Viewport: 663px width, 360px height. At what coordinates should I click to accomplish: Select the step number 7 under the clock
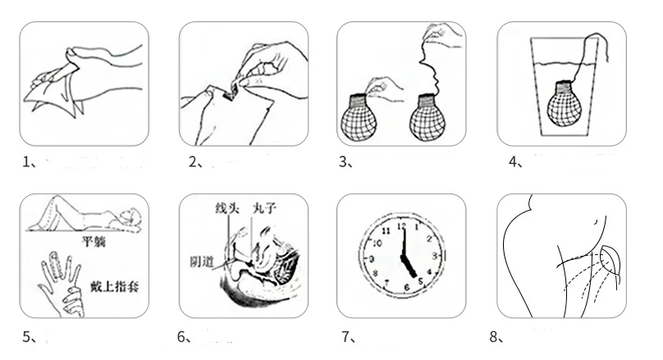click(345, 337)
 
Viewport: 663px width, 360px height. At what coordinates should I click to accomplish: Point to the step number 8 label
click(494, 337)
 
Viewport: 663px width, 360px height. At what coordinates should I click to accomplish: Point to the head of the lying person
click(130, 220)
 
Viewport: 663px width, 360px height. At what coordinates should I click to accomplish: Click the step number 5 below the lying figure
click(25, 337)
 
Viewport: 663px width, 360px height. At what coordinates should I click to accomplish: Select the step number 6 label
click(183, 337)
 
